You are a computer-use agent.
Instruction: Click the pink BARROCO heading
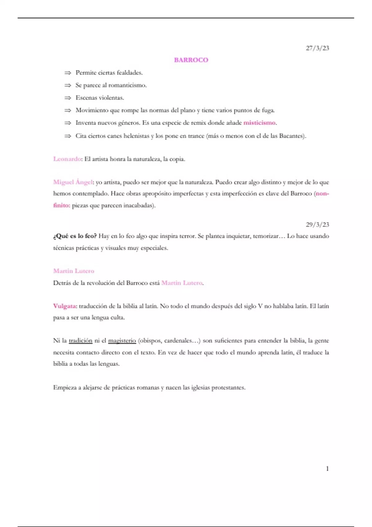[191, 60]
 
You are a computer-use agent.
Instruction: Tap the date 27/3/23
[317, 48]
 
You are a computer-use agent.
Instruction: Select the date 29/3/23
[317, 224]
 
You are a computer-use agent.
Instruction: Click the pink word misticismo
[259, 123]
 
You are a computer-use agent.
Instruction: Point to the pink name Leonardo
[67, 159]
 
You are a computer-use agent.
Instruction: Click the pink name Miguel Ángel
[73, 182]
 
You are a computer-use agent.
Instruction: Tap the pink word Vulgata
[64, 306]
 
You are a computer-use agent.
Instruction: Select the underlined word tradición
[81, 341]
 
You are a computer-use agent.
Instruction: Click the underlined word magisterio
[122, 341]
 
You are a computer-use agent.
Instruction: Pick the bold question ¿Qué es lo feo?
[75, 236]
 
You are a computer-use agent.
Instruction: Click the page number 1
[327, 468]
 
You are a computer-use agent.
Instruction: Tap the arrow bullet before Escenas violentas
[68, 98]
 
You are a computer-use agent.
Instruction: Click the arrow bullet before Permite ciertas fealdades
[68, 73]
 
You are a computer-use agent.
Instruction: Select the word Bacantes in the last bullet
[291, 136]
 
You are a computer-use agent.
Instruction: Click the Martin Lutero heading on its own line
[73, 271]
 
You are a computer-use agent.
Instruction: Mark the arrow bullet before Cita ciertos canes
[68, 136]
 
